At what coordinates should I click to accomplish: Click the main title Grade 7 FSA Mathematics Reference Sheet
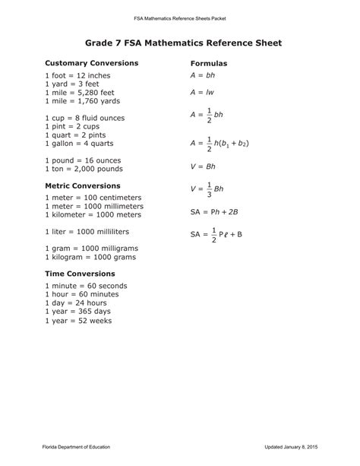click(179, 44)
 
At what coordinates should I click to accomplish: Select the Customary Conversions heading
click(91, 63)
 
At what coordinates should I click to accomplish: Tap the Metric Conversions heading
click(83, 185)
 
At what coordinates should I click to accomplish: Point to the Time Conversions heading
click(80, 274)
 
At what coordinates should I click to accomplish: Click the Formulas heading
click(209, 63)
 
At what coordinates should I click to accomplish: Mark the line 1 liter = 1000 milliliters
click(87, 231)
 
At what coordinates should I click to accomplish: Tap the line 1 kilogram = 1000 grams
click(90, 257)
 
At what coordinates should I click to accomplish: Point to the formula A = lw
click(203, 93)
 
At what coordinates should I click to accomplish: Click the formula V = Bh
click(204, 165)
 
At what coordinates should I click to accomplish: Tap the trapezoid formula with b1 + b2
click(219, 141)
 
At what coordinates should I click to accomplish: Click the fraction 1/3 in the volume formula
click(210, 189)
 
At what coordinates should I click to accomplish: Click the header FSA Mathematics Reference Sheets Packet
click(179, 16)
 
